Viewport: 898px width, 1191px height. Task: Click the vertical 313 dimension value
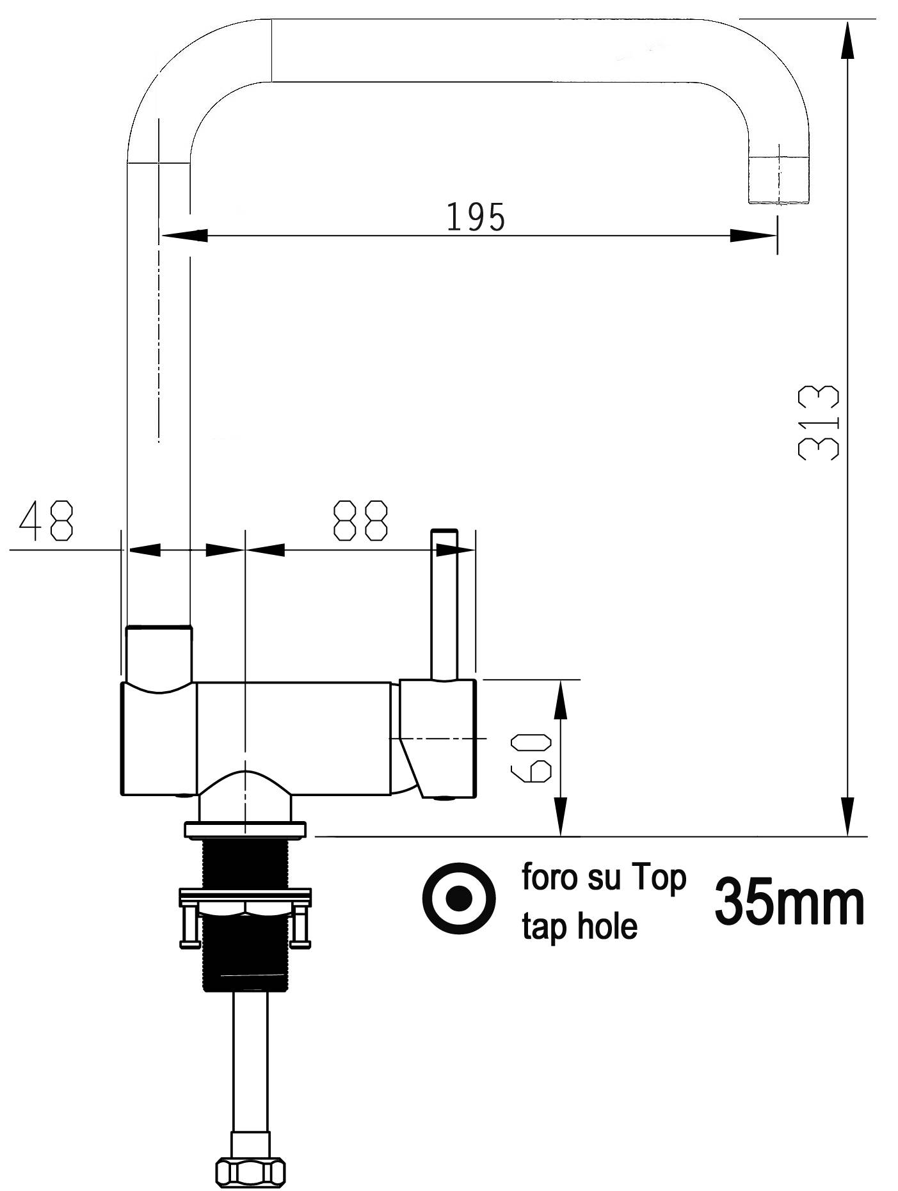pyautogui.click(x=819, y=422)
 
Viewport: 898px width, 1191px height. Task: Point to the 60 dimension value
pyautogui.click(x=531, y=758)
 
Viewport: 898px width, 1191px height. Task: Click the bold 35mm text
pyautogui.click(x=789, y=902)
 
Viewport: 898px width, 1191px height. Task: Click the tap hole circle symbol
pyautogui.click(x=458, y=898)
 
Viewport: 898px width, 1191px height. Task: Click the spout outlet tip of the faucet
pyautogui.click(x=778, y=182)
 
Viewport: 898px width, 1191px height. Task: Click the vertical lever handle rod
pyautogui.click(x=445, y=605)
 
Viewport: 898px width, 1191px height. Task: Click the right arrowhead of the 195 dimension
pyautogui.click(x=753, y=236)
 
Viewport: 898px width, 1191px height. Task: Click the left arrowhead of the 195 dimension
pyautogui.click(x=185, y=236)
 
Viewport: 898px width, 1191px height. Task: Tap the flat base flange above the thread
pyautogui.click(x=245, y=830)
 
